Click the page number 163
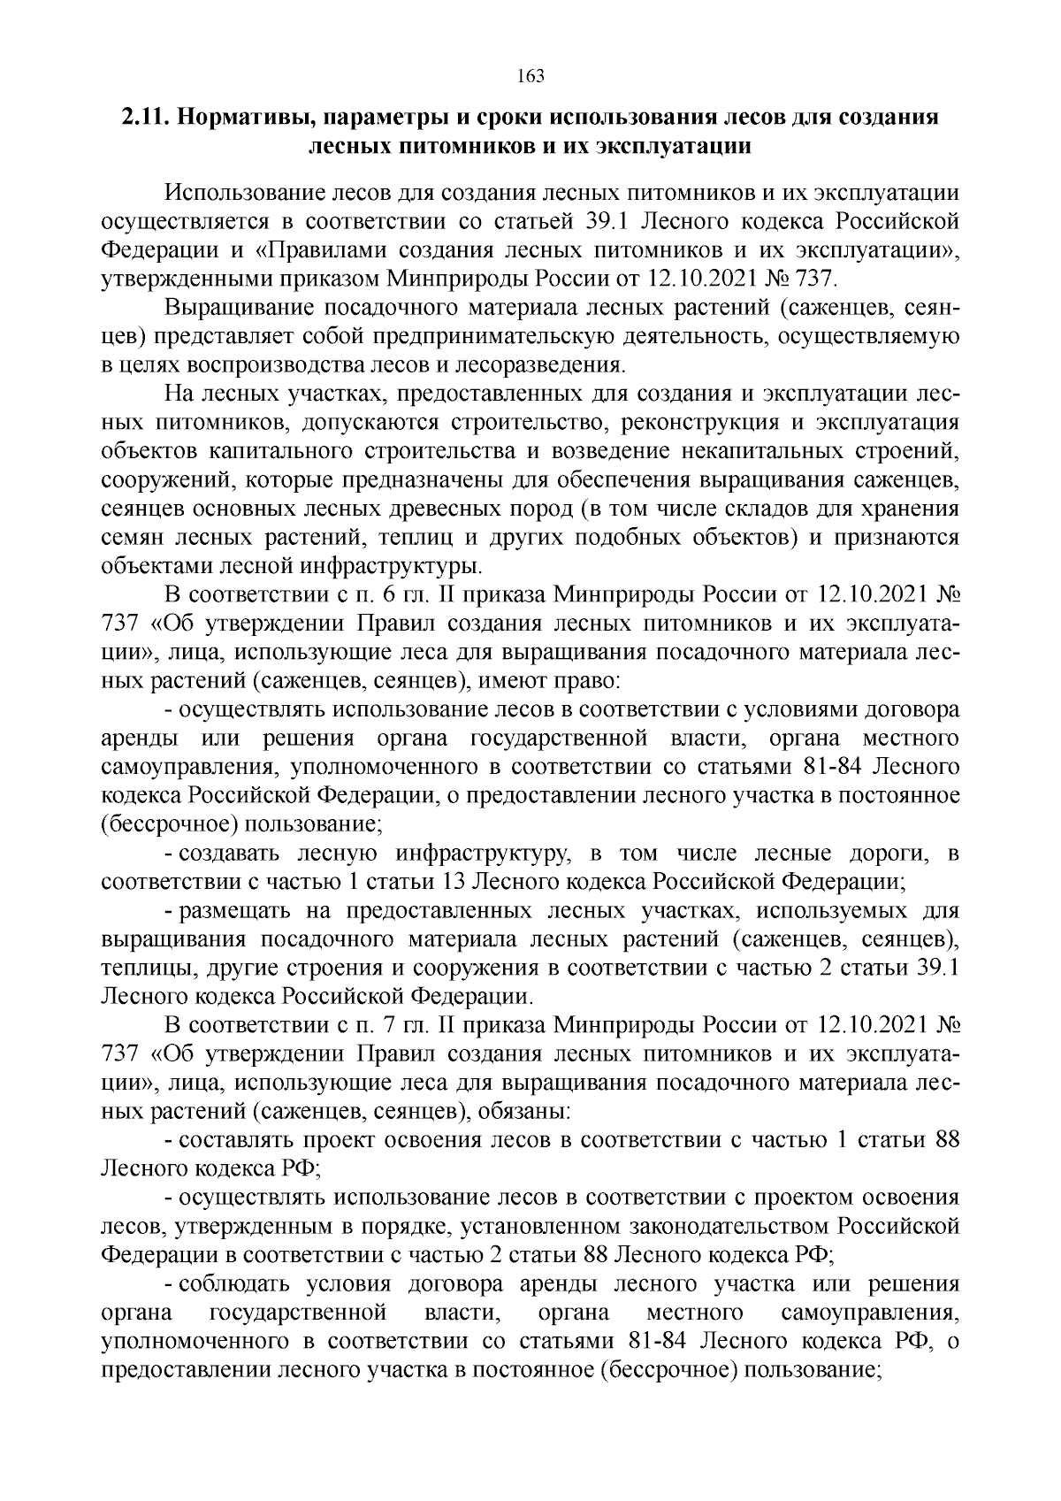(530, 75)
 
